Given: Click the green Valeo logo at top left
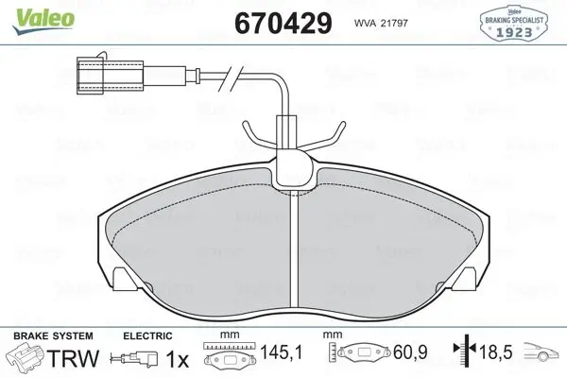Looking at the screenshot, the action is (43, 21).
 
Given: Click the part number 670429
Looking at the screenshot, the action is (283, 23).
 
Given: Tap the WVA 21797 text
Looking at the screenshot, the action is (381, 23).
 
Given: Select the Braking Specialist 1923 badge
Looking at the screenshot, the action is (513, 23).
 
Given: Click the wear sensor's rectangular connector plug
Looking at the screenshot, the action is (111, 76).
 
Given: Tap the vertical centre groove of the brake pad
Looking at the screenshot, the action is (294, 250).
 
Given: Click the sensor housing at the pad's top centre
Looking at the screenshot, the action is (293, 170).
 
